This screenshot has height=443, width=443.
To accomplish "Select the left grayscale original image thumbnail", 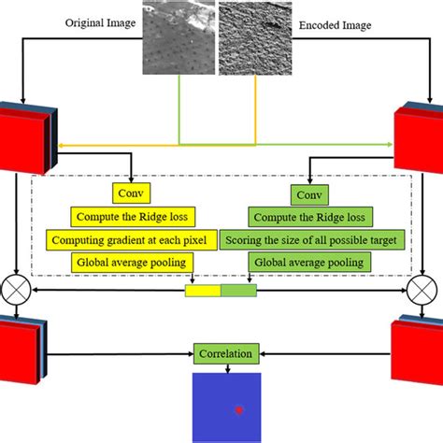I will pyautogui.click(x=178, y=37).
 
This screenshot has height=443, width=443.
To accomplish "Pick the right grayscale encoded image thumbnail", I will pyautogui.click(x=255, y=37).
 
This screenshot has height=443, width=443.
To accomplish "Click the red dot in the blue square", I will pyautogui.click(x=239, y=409).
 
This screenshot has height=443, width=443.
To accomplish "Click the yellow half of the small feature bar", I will pyautogui.click(x=202, y=292).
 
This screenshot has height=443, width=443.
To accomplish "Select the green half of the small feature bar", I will pyautogui.click(x=237, y=292).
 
